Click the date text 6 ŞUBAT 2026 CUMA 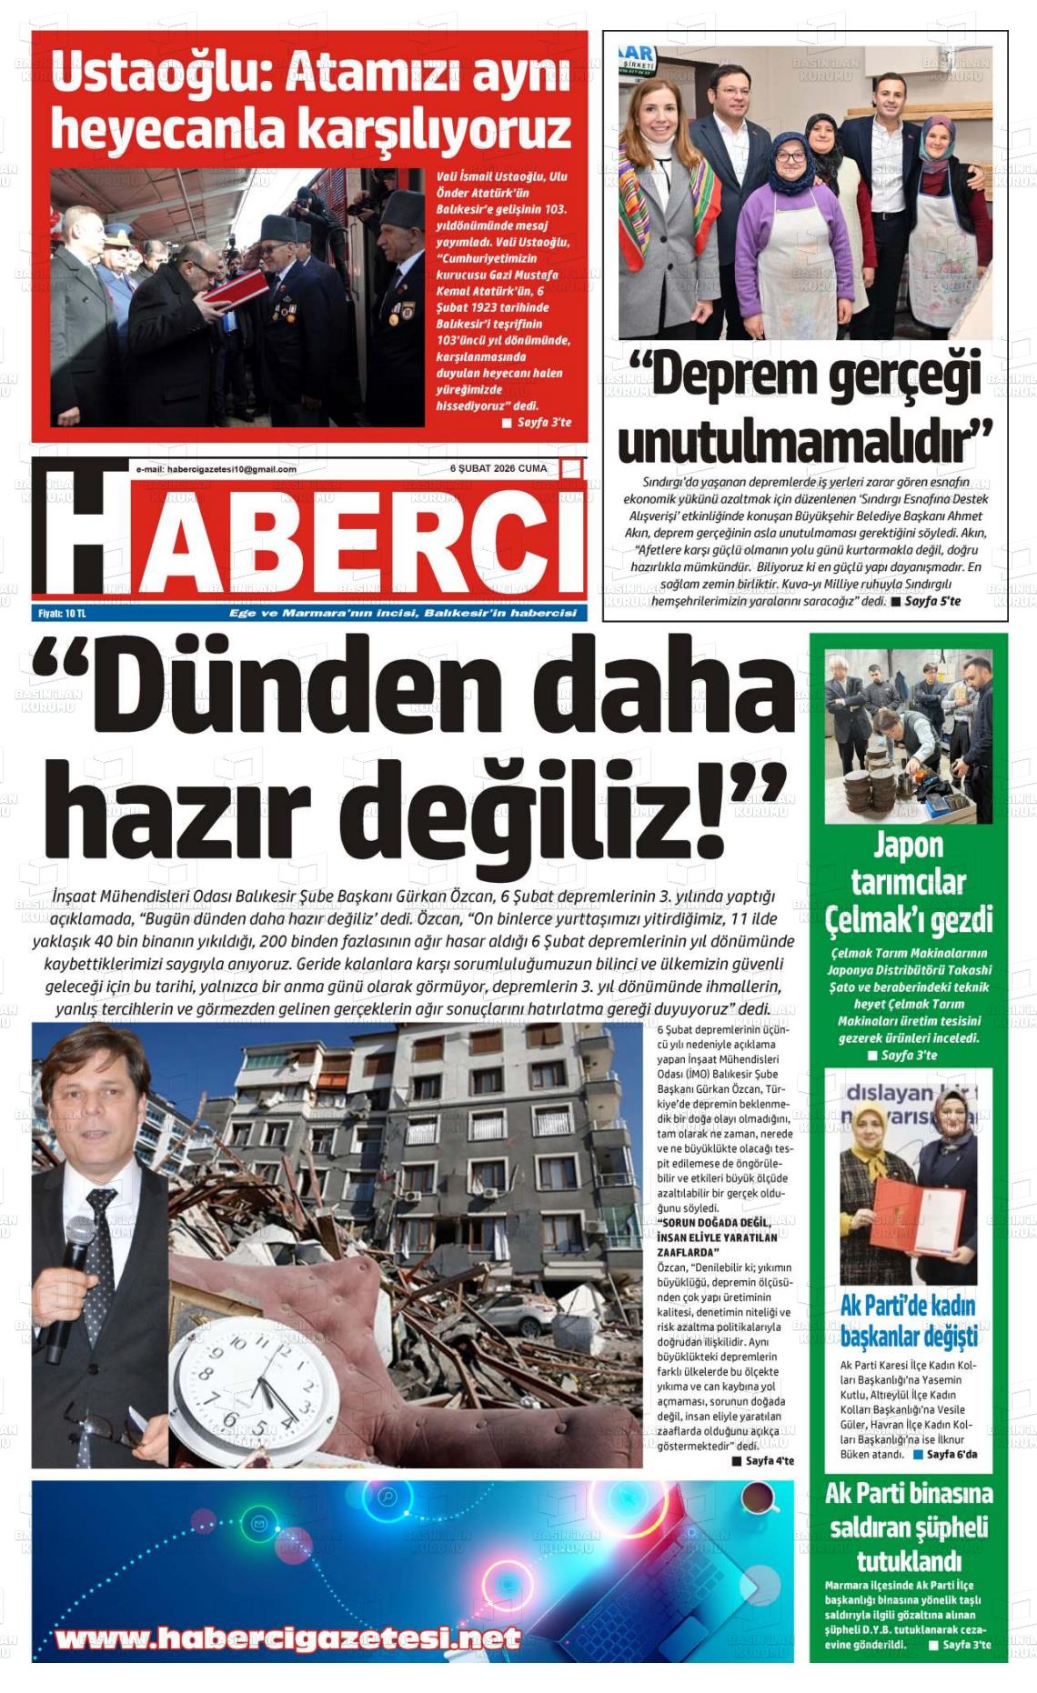[498, 469]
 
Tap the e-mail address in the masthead [216, 469]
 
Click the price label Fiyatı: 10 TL [62, 614]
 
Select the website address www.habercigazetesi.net [288, 1639]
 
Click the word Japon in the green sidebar [908, 846]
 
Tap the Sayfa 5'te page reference [932, 601]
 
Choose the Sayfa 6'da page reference [951, 1454]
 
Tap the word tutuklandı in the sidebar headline [909, 1561]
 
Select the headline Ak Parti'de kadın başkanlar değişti [908, 1321]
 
